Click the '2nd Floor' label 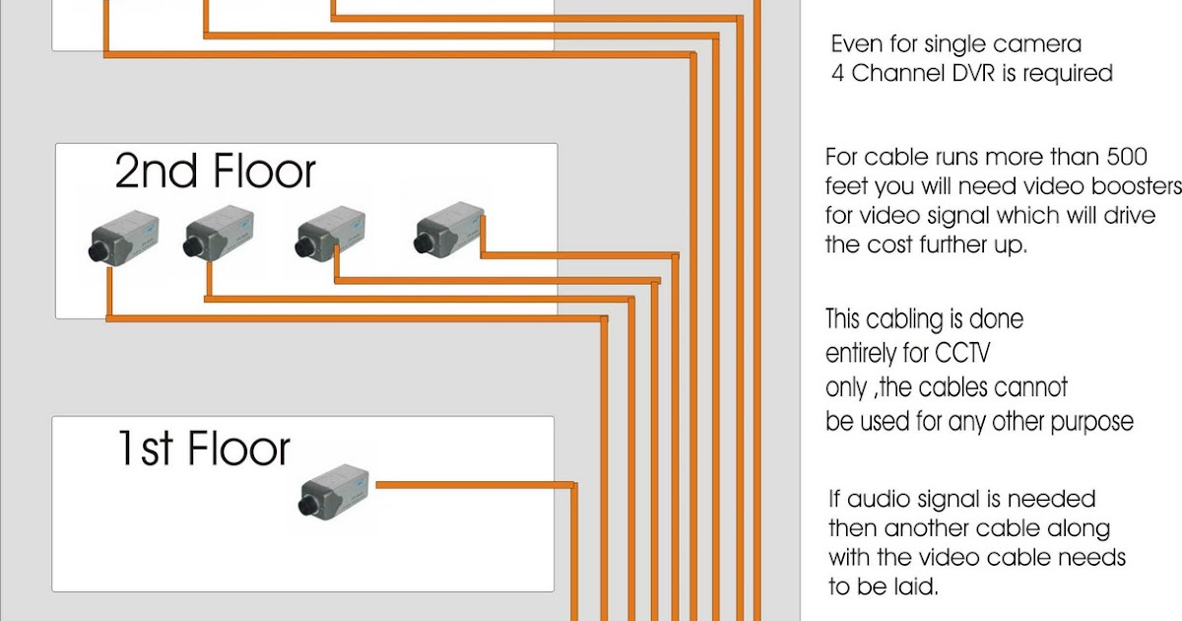click(x=215, y=172)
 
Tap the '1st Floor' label click(x=203, y=448)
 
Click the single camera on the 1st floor click(x=334, y=491)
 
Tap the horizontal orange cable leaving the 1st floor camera click(x=473, y=485)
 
